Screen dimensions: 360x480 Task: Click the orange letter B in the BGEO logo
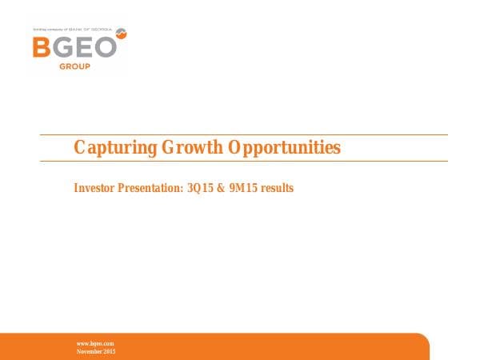[x=42, y=46]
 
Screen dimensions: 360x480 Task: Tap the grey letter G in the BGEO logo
[x=62, y=46]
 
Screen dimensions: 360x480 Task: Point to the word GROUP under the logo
[x=74, y=66]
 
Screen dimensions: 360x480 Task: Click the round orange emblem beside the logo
[x=122, y=33]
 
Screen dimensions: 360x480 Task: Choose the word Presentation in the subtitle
[x=153, y=189]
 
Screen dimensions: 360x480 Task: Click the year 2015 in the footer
[x=110, y=352]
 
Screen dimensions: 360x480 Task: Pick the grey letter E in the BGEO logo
[x=84, y=46]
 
